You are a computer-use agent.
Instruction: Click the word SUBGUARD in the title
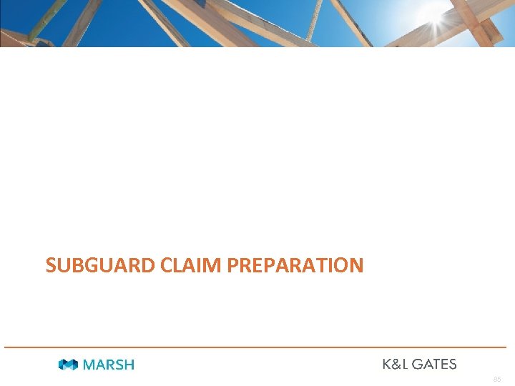pyautogui.click(x=101, y=266)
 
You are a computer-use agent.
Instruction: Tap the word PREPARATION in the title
pyautogui.click(x=295, y=266)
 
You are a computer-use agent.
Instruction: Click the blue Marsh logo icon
pyautogui.click(x=69, y=365)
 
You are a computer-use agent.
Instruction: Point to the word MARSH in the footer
pyautogui.click(x=109, y=365)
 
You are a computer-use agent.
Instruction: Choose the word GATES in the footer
pyautogui.click(x=432, y=364)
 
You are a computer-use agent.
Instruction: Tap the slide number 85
pyautogui.click(x=498, y=378)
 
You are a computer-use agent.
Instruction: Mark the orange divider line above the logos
pyautogui.click(x=257, y=347)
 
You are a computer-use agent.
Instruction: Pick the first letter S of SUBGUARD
pyautogui.click(x=51, y=266)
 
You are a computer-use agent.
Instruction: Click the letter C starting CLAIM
pyautogui.click(x=167, y=266)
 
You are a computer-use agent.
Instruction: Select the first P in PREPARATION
pyautogui.click(x=232, y=266)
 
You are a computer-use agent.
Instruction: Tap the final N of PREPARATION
pyautogui.click(x=356, y=266)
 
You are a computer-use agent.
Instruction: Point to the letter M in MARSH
pyautogui.click(x=89, y=365)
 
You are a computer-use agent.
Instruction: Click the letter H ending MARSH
pyautogui.click(x=129, y=365)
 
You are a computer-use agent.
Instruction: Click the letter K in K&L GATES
pyautogui.click(x=386, y=364)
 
